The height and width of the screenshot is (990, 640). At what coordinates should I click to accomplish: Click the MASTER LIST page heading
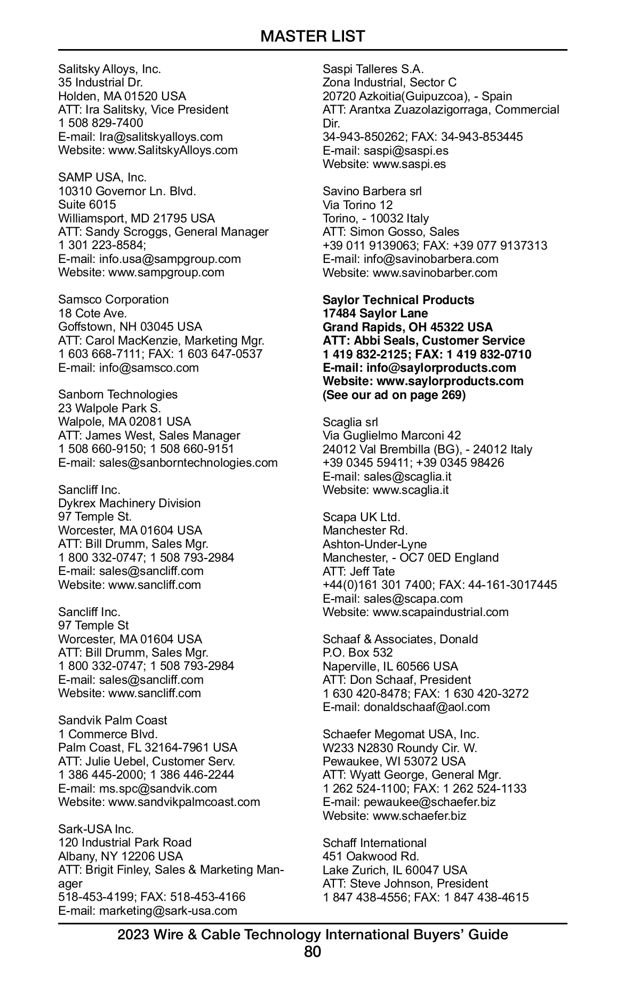click(313, 36)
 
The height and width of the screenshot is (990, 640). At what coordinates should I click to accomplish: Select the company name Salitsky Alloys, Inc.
click(109, 69)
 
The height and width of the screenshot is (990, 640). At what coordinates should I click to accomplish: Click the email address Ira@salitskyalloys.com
click(161, 137)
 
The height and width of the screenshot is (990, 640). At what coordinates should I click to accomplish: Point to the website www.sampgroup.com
click(166, 273)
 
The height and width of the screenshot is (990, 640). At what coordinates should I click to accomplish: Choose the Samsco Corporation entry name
click(113, 300)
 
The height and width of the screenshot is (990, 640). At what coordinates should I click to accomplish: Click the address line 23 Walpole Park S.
click(109, 408)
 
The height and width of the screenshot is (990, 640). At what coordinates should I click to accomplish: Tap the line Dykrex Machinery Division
click(129, 504)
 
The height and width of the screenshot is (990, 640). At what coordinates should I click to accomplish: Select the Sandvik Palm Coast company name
click(113, 721)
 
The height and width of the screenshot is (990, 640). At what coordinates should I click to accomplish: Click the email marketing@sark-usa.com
click(168, 911)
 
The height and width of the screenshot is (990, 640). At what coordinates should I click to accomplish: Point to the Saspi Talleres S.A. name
click(373, 69)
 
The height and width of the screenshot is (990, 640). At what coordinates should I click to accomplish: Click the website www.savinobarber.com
click(435, 273)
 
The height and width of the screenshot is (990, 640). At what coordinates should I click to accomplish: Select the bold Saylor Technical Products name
click(398, 300)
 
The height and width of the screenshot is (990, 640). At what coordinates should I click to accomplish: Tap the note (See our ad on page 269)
click(394, 395)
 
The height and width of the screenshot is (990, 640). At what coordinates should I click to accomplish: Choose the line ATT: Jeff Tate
click(358, 572)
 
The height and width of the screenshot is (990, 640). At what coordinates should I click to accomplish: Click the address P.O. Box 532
click(357, 653)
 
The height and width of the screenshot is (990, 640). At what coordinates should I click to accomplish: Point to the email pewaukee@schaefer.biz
click(429, 802)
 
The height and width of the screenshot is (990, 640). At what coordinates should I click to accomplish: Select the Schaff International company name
click(374, 843)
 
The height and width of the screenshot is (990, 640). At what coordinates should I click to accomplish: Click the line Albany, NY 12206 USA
click(121, 857)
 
